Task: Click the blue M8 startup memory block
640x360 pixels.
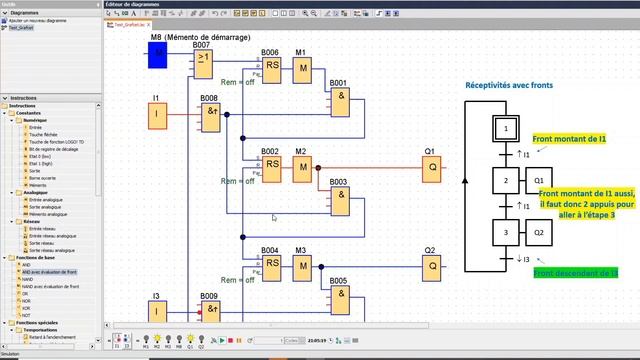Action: click(x=157, y=56)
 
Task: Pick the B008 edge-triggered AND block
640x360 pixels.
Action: click(x=211, y=115)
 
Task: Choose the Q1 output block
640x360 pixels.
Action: click(x=432, y=168)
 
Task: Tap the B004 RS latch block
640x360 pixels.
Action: click(x=271, y=265)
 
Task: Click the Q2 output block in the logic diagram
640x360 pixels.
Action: click(x=432, y=265)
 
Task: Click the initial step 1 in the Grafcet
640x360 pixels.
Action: click(x=507, y=129)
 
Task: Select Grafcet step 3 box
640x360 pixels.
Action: click(x=507, y=232)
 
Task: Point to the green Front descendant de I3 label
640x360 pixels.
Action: click(x=577, y=272)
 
